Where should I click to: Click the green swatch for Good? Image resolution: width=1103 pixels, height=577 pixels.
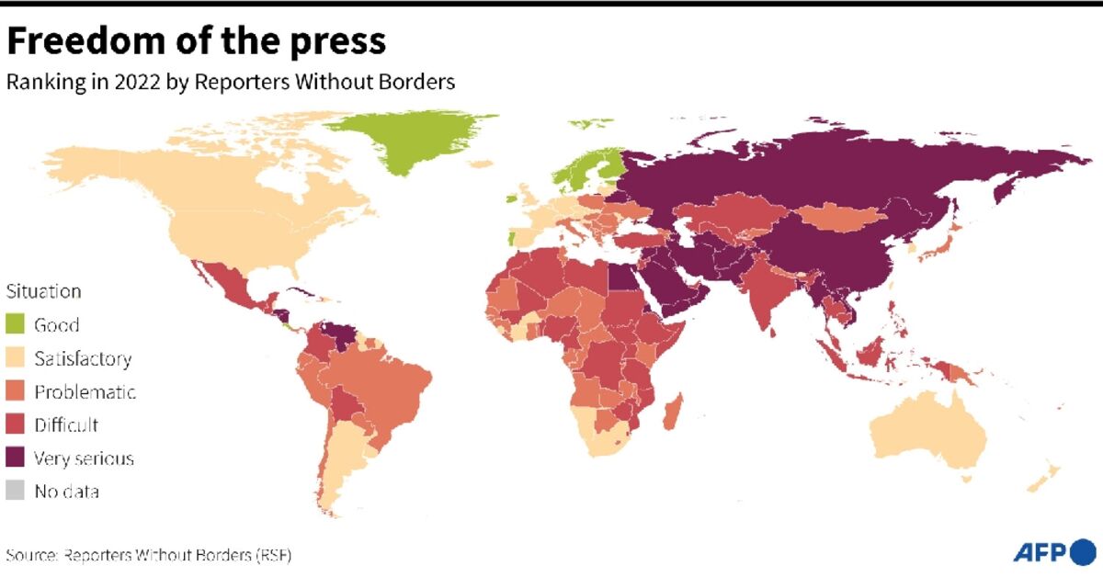point(17,324)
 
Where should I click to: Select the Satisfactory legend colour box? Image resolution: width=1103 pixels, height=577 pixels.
point(17,358)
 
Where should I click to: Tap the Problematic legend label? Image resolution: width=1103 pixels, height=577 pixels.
point(85,392)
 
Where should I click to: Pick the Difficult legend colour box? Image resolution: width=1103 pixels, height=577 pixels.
point(17,425)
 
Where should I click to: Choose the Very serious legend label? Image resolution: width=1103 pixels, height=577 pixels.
point(84,458)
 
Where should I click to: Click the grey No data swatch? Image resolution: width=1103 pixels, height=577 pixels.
point(17,492)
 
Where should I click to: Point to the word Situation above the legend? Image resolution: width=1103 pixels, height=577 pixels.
point(43,291)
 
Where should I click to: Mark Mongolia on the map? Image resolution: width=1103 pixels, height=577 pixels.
point(841,219)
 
